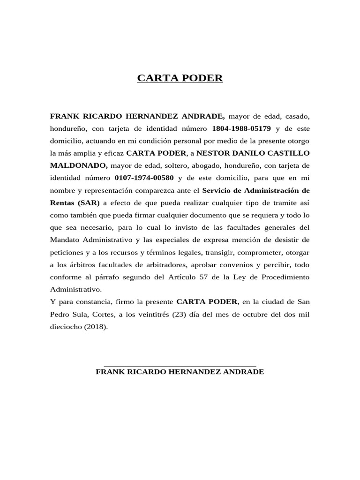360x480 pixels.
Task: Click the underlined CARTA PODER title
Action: (180, 78)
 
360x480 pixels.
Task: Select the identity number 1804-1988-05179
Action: (241, 128)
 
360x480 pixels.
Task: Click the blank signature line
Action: (180, 365)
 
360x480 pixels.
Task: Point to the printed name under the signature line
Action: (180, 372)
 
